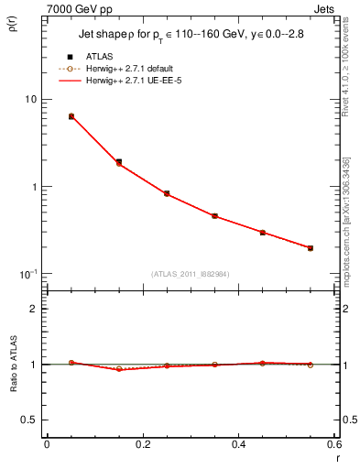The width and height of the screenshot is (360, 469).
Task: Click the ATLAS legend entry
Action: pyautogui.click(x=98, y=57)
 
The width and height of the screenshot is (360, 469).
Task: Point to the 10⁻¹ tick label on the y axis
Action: pyautogui.click(x=27, y=275)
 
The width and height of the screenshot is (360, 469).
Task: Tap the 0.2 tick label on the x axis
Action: pyautogui.click(x=143, y=446)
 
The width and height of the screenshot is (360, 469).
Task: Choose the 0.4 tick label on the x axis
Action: pyautogui.click(x=238, y=446)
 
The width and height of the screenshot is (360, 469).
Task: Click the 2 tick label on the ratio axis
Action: pyautogui.click(x=34, y=309)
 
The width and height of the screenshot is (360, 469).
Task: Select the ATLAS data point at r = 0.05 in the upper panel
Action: pyautogui.click(x=71, y=116)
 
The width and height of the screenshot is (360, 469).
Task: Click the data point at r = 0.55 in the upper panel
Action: pyautogui.click(x=311, y=248)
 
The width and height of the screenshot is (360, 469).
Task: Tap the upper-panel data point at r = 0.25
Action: pyautogui.click(x=167, y=194)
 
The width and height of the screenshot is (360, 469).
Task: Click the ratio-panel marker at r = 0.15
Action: pyautogui.click(x=119, y=369)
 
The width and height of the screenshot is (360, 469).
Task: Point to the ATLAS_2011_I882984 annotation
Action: pyautogui.click(x=190, y=273)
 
